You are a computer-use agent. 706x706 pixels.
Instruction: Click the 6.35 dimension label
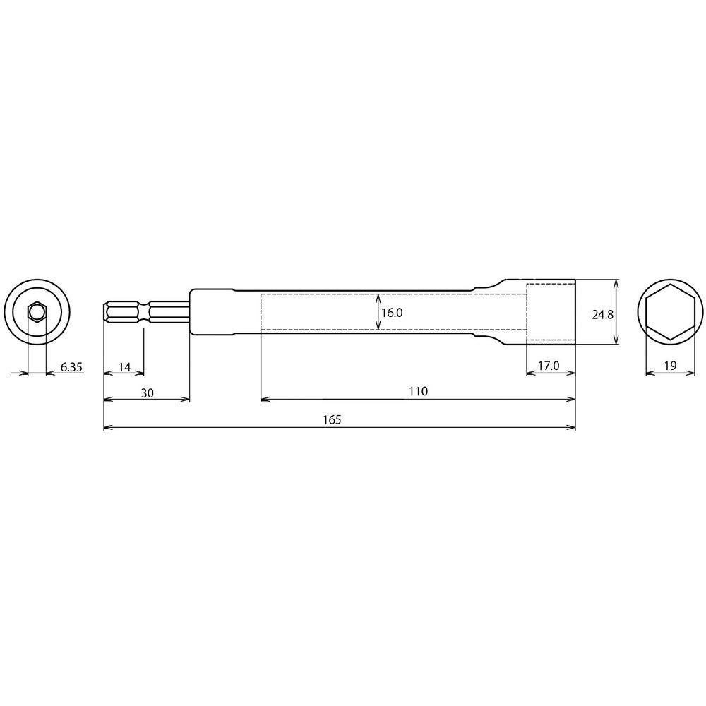[71, 366]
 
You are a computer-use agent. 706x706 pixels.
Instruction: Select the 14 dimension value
[124, 366]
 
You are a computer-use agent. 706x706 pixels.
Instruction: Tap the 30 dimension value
[147, 393]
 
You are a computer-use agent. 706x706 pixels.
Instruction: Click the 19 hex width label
[671, 366]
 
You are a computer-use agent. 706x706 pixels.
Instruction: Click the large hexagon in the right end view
[670, 312]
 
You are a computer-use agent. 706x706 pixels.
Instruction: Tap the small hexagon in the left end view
[37, 311]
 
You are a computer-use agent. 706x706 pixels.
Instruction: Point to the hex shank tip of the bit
[107, 311]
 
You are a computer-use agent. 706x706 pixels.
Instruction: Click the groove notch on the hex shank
[146, 311]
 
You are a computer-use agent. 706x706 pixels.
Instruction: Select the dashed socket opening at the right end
[551, 311]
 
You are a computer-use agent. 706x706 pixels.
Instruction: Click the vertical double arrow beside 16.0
[379, 312]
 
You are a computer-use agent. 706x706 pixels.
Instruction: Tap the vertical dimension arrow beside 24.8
[616, 311]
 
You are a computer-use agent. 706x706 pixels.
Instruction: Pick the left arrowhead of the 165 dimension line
[108, 427]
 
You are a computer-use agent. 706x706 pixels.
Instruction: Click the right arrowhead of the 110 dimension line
[571, 400]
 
